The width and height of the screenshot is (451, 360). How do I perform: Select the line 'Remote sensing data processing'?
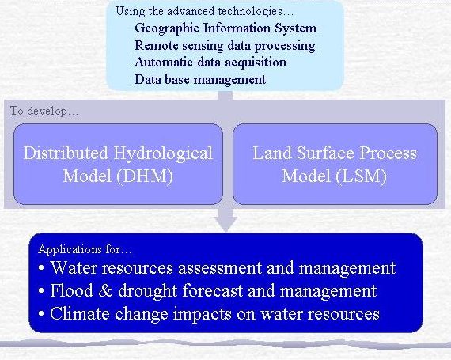point(225,46)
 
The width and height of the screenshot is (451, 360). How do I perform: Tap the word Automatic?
point(163,62)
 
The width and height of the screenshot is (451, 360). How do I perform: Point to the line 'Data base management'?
point(200,80)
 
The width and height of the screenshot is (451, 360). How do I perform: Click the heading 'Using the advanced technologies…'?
point(204,12)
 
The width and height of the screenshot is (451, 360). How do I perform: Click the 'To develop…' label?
point(44,111)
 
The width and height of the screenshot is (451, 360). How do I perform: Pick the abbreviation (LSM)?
point(362,176)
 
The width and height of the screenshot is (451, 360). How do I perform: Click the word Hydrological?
point(163,153)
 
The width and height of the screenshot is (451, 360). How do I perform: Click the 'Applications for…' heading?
point(85,249)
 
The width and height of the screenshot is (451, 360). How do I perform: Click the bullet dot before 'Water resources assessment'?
point(41,268)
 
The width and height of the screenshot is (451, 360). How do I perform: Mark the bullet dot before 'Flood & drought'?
point(41,291)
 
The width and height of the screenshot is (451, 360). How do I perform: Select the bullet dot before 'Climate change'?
point(41,313)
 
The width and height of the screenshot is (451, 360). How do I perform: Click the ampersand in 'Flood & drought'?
point(105,290)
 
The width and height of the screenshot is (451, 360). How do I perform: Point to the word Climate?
point(80,313)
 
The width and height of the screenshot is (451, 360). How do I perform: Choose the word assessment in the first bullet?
point(220,268)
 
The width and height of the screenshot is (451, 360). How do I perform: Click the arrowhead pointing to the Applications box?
point(226,224)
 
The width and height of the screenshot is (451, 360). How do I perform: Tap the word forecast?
point(213,290)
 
